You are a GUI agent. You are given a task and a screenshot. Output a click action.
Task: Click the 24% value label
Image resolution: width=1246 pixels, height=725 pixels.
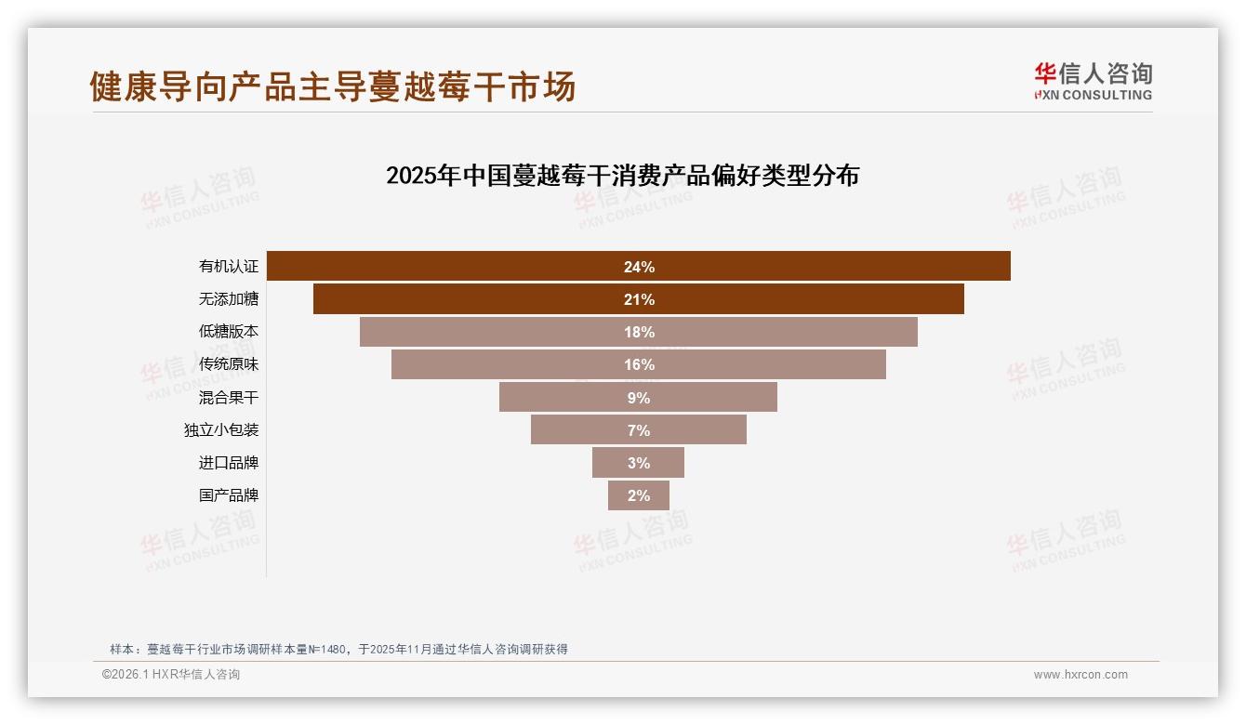[x=639, y=267]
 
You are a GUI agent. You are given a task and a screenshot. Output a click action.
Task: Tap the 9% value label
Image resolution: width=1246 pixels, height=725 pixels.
[x=639, y=398]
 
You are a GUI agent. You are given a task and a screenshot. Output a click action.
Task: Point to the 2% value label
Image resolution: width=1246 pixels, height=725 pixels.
[x=639, y=495]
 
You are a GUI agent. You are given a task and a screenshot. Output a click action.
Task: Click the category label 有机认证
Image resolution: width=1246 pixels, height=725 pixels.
[x=229, y=267]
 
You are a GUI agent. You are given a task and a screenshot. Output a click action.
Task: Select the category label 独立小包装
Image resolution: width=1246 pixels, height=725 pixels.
[x=221, y=430]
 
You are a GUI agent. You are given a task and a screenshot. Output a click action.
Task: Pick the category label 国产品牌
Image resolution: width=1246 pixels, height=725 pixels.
[x=229, y=495]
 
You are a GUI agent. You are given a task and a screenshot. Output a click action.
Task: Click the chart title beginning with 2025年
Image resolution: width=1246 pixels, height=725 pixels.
[x=622, y=176]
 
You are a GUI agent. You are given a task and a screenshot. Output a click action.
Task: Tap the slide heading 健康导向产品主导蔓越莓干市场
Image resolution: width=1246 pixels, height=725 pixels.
[x=333, y=86]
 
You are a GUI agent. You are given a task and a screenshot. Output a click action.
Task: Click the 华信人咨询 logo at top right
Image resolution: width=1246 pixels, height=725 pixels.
[x=1093, y=82]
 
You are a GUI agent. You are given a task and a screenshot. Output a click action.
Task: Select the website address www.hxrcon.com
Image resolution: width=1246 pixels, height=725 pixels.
[x=1080, y=675]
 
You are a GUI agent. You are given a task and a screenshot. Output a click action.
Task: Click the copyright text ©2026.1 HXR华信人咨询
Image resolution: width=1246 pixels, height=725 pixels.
[x=171, y=675]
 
